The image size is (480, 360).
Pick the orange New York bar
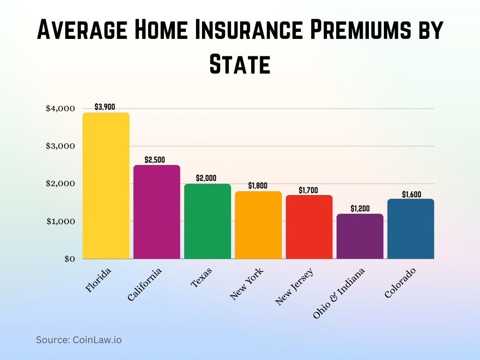(x=258, y=225)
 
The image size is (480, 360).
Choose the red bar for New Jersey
(x=309, y=227)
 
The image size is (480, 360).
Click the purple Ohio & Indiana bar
(x=360, y=236)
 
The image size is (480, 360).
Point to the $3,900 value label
(x=105, y=107)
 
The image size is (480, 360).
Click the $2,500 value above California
(x=155, y=160)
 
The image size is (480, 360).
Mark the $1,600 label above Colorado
(x=412, y=194)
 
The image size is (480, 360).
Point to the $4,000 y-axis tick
(x=60, y=109)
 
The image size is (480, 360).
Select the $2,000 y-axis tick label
(x=60, y=184)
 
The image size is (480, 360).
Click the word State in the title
(x=240, y=64)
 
